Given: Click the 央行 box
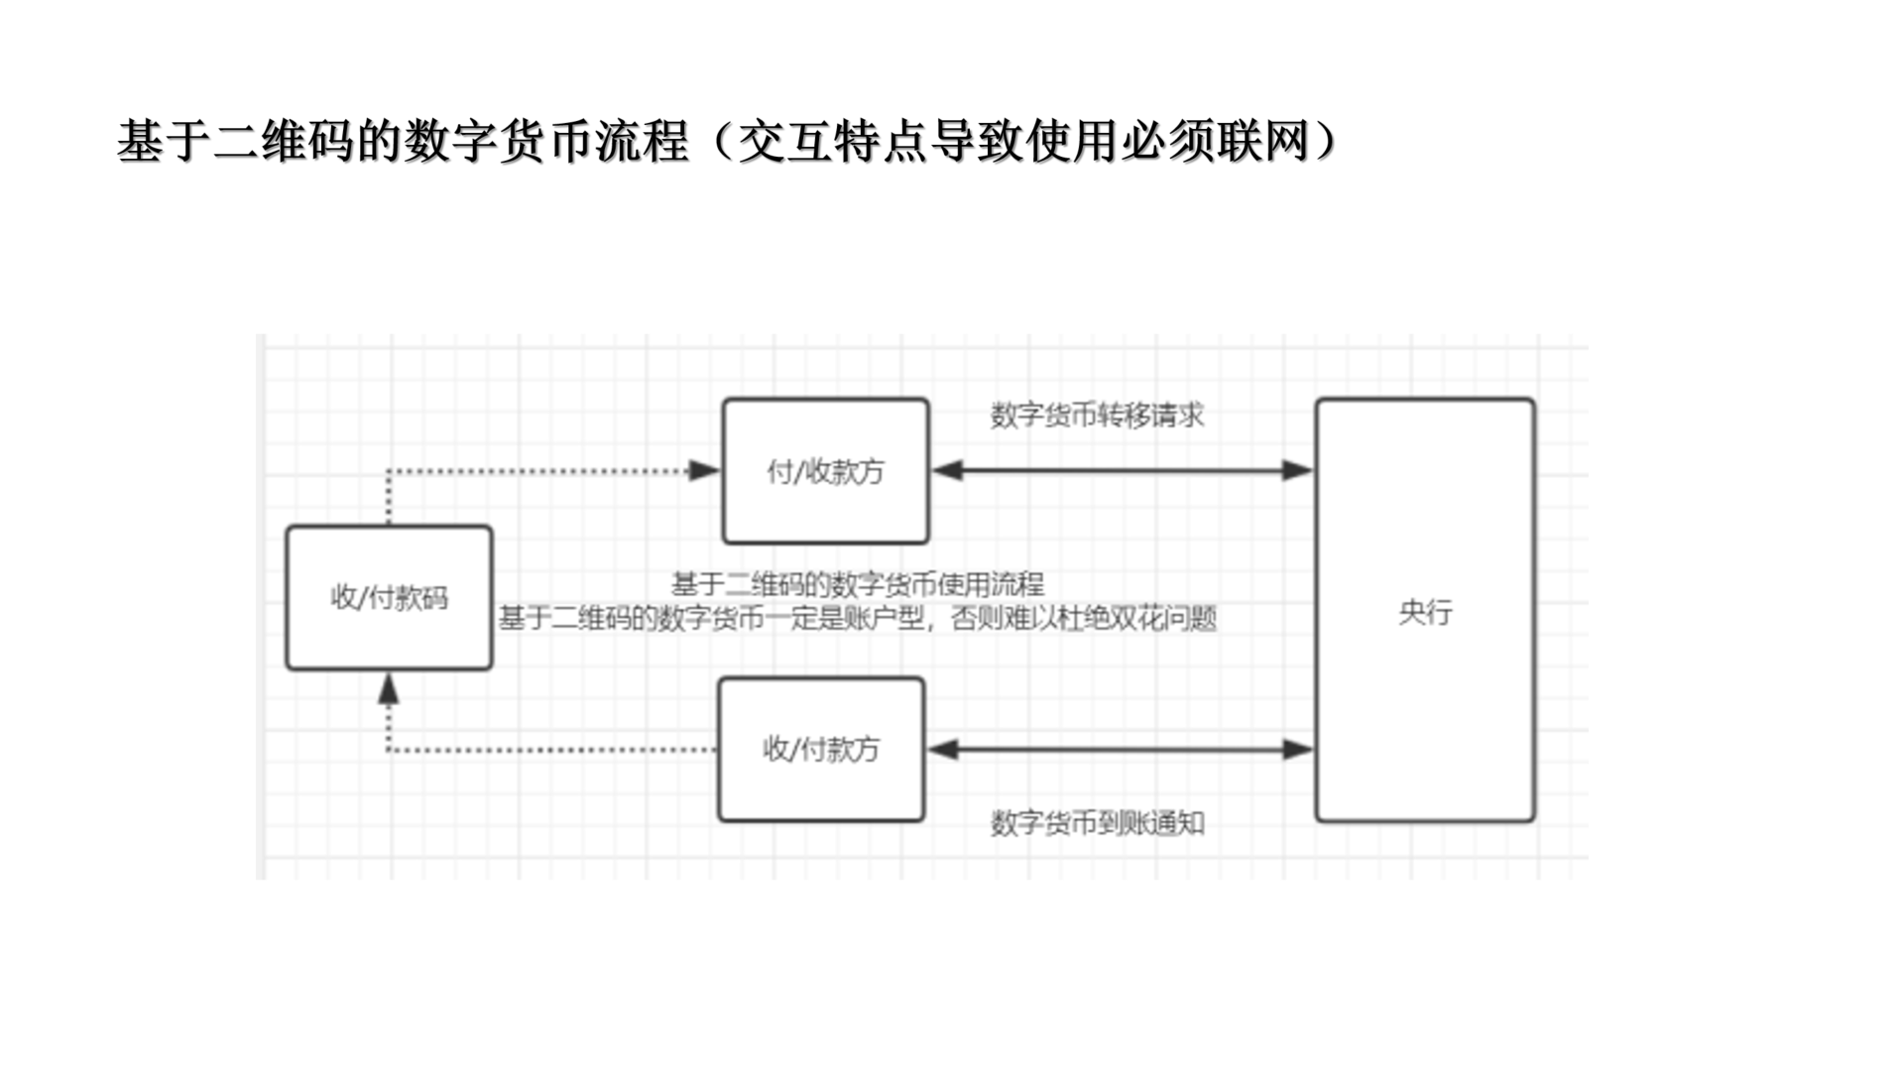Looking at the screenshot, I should click(x=1425, y=611).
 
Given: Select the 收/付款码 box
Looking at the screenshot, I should click(x=389, y=598).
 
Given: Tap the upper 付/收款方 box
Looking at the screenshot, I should click(x=825, y=471).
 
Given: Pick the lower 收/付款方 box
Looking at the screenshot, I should click(x=821, y=749).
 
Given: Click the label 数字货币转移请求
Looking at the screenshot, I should click(x=1097, y=415).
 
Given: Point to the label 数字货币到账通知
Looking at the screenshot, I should click(x=1097, y=822).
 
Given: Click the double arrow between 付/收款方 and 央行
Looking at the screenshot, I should click(x=1122, y=470).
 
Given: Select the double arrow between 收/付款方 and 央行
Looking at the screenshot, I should click(x=1120, y=750).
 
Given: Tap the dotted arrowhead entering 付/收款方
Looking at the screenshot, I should click(x=705, y=470).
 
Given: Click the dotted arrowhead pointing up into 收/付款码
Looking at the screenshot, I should click(x=389, y=689).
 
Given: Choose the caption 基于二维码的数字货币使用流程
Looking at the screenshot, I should click(x=858, y=584).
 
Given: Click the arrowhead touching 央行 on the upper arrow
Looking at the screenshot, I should click(x=1298, y=470).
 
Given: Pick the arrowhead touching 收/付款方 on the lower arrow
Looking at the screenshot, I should click(x=942, y=750).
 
